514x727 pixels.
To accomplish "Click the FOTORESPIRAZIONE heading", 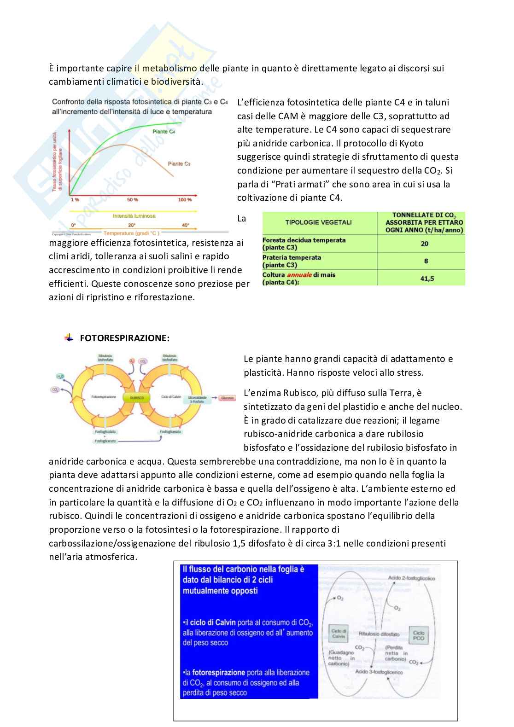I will pyautogui.click(x=124, y=338).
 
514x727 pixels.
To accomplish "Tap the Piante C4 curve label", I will pyautogui.click(x=164, y=132).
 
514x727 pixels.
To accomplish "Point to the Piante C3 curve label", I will pyautogui.click(x=179, y=163).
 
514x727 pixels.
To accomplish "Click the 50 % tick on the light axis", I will pyautogui.click(x=133, y=199).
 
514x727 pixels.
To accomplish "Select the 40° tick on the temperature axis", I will pyautogui.click(x=185, y=225).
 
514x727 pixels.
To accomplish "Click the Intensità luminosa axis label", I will pyautogui.click(x=134, y=215).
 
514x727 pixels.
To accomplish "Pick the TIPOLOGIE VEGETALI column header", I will pyautogui.click(x=318, y=222).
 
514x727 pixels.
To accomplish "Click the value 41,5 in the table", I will pyautogui.click(x=427, y=279).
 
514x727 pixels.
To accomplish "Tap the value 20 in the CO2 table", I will pyautogui.click(x=425, y=244).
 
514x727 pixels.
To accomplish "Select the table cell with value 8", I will pyautogui.click(x=426, y=261).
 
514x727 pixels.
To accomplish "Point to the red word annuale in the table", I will pyautogui.click(x=299, y=275).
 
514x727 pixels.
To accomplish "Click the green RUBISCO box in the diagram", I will pyautogui.click(x=136, y=397).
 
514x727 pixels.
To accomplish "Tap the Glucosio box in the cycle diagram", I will pyautogui.click(x=227, y=397).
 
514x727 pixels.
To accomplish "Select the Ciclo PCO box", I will pyautogui.click(x=419, y=635).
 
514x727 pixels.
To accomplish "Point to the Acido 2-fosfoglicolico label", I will pyautogui.click(x=411, y=578).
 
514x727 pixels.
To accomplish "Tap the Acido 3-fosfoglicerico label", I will pyautogui.click(x=379, y=672).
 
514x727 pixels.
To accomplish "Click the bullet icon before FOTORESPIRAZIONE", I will pyautogui.click(x=69, y=337).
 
